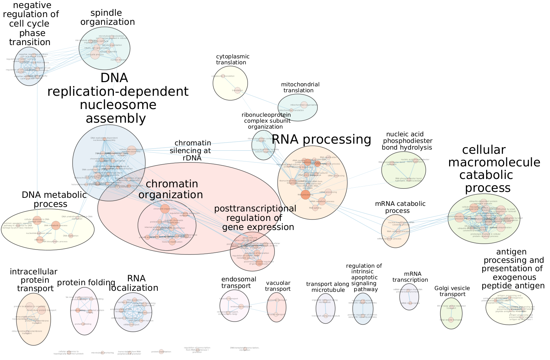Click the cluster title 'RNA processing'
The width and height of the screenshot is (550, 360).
coord(321,139)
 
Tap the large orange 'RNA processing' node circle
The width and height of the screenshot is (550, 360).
coord(305,195)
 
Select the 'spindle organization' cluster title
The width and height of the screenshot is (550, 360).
coord(107,17)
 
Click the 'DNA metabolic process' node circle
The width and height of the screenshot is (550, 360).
coord(56,225)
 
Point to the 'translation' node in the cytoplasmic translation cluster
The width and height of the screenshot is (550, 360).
coord(237,90)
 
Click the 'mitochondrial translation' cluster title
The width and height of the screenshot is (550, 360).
coord(300,87)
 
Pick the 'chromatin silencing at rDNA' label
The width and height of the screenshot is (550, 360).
coord(191,150)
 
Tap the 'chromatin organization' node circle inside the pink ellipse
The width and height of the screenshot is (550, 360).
coord(164,209)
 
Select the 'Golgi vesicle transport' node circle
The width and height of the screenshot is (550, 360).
coord(451,319)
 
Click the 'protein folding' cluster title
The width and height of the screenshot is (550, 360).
coord(86,282)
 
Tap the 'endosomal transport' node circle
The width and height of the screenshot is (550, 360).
coord(241,307)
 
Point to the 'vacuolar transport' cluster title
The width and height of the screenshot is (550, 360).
coord(278,286)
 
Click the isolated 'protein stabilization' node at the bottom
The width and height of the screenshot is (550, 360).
coord(161,352)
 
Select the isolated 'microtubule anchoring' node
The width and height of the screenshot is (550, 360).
coord(102,353)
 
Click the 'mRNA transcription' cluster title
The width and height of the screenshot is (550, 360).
coord(410,277)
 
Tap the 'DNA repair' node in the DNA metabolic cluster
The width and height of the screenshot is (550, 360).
coord(40,240)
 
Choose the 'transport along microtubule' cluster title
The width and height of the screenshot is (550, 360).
coord(328,287)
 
